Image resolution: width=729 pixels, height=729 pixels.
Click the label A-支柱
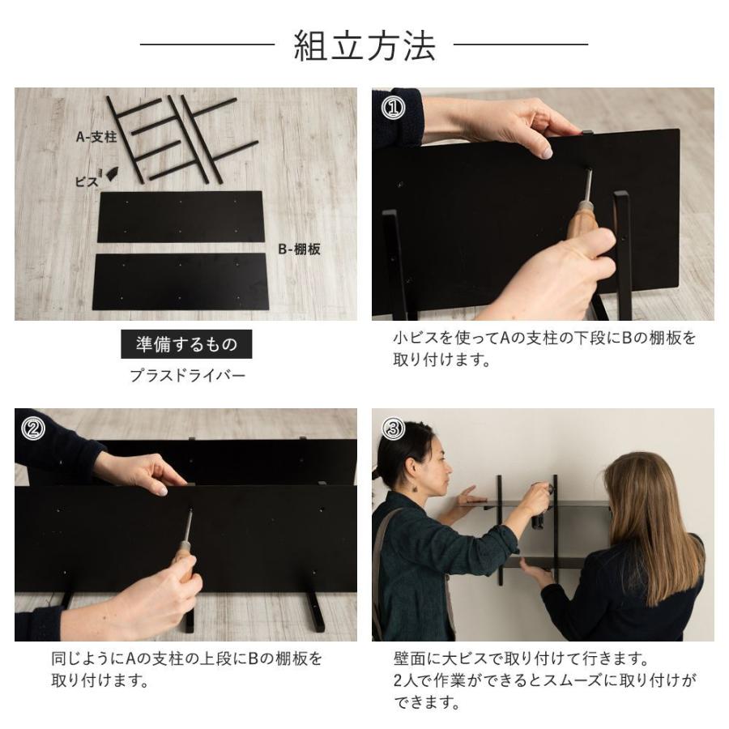pos(96,137)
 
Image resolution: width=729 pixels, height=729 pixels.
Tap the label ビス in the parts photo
pos(87,181)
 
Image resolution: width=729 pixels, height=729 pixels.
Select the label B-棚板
pos(299,249)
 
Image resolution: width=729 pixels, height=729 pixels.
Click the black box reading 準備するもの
pos(186,344)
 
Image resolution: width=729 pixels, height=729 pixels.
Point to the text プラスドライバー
pos(187,376)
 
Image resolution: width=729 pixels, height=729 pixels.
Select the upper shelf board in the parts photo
pos(180,215)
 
